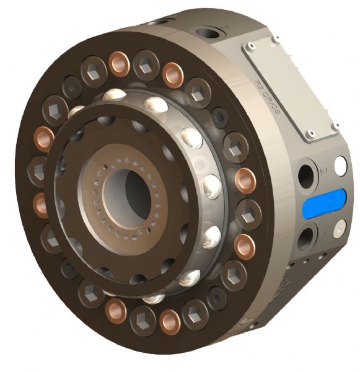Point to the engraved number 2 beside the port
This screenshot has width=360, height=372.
323,168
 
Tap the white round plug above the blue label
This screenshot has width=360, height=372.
340,166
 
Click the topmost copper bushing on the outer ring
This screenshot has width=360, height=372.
119,63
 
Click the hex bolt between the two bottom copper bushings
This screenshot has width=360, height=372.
143,321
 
